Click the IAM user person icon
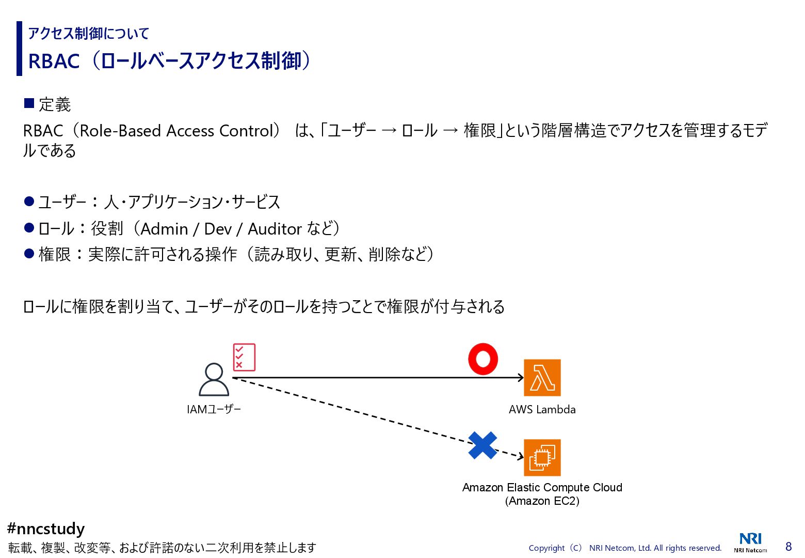pos(214,380)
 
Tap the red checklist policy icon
pos(244,357)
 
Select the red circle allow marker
pos(483,359)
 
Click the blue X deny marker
pos(482,445)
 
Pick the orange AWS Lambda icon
pos(542,378)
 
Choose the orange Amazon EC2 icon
pos(542,458)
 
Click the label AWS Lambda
pos(542,410)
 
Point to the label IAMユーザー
pos(214,410)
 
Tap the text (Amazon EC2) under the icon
pos(542,501)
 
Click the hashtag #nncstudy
pos(46,529)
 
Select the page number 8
pos(788,547)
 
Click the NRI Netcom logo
pos(750,542)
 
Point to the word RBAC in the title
pos(54,61)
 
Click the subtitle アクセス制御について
pos(88,34)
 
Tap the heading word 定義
pos(55,105)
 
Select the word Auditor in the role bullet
pos(275,229)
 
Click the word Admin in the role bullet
pos(164,229)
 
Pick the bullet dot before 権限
pos(29,254)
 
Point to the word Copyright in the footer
pos(546,548)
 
